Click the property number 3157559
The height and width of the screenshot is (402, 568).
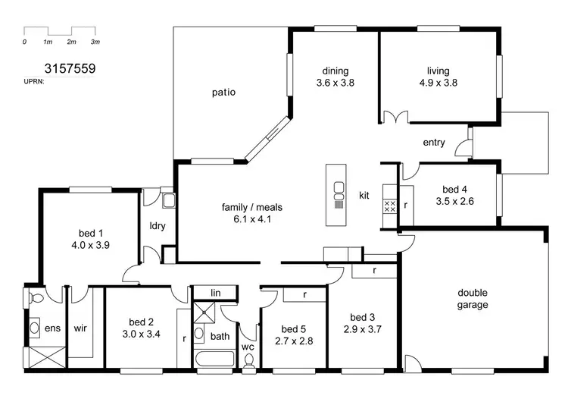pos(70,68)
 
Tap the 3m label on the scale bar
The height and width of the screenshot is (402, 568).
pos(95,42)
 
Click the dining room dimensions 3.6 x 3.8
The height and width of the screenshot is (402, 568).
pos(335,83)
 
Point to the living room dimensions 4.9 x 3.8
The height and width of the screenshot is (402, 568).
pos(438,83)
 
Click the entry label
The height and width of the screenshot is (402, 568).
pos(434,143)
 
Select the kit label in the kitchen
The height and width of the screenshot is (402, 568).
pos(364,196)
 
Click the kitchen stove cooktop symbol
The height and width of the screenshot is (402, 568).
pos(390,206)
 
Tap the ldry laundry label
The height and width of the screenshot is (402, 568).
pos(158,226)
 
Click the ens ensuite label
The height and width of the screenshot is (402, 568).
pos(53,328)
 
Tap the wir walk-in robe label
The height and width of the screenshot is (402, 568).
pos(81,328)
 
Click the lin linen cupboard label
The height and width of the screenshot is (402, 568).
pos(215,293)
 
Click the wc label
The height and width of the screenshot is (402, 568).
pos(247,347)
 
